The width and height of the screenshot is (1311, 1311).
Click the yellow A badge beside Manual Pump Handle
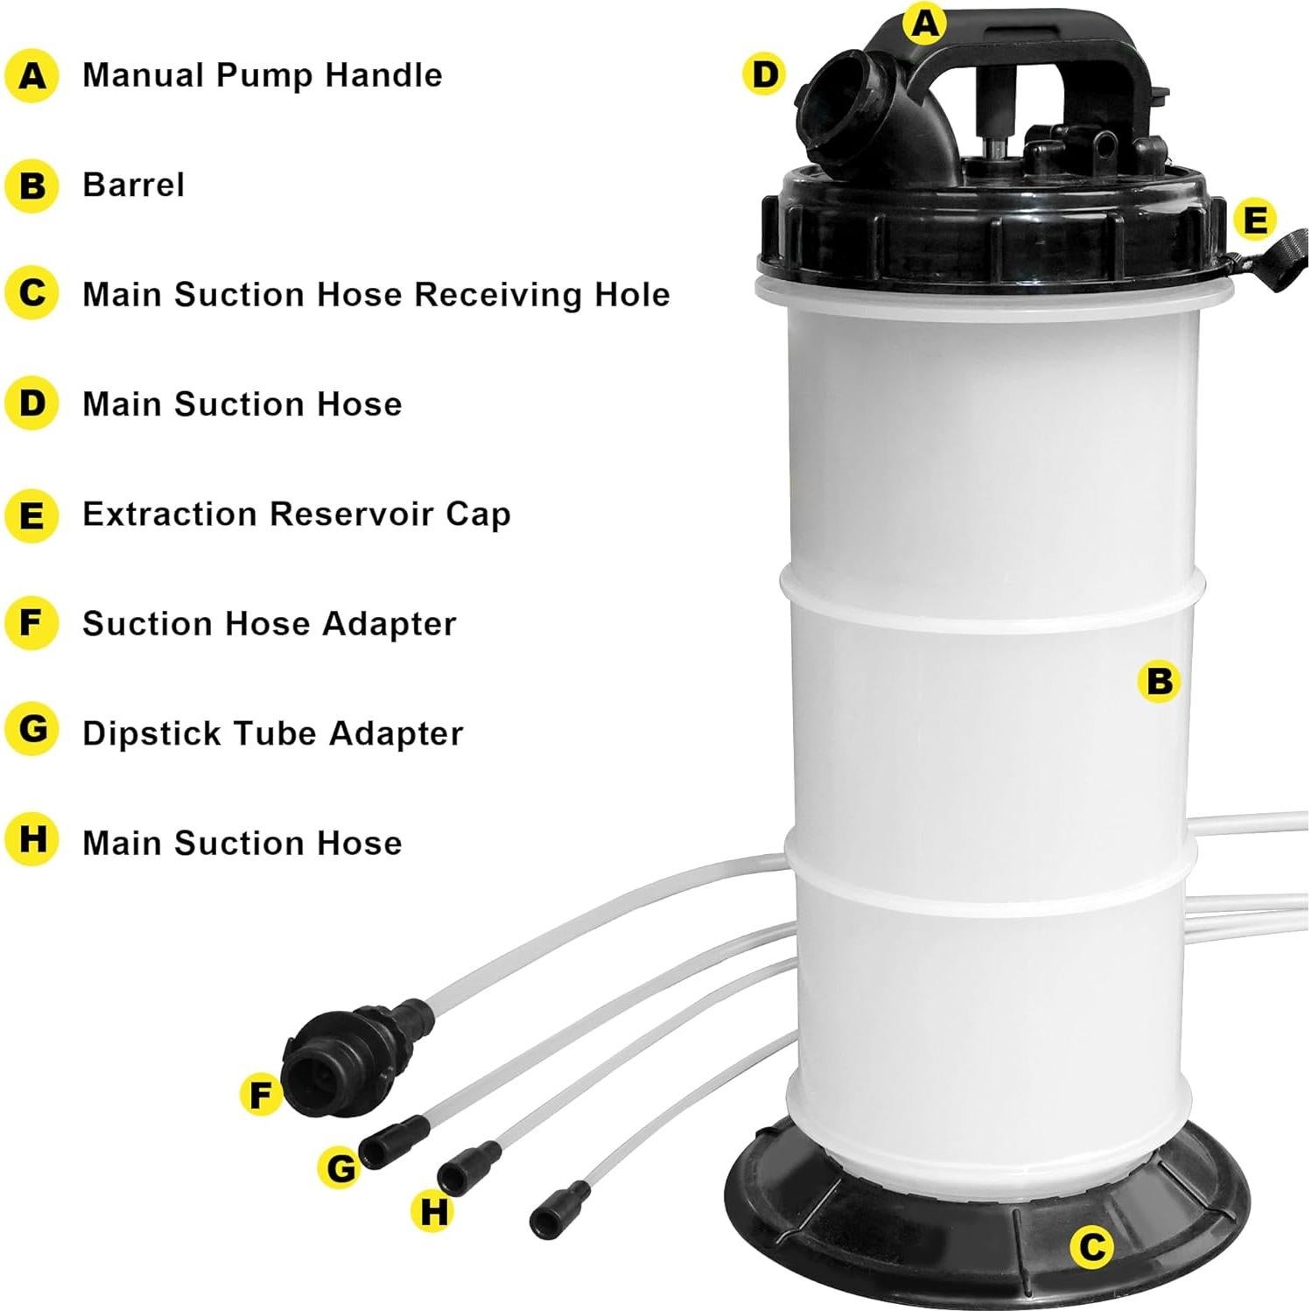tap(32, 76)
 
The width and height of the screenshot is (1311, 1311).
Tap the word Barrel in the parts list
tap(133, 186)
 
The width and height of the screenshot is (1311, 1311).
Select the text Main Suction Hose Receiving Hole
tap(375, 295)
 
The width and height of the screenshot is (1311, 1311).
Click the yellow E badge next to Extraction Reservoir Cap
tap(32, 515)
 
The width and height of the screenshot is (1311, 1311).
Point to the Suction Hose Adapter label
tap(269, 624)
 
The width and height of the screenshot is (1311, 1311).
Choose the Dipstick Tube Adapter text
tap(272, 733)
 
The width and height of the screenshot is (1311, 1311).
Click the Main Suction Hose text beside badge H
tap(242, 843)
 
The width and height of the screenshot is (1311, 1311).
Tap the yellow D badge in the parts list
tap(32, 404)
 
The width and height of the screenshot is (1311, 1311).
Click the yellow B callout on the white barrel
tap(1159, 681)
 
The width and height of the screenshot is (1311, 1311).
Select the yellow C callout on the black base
tap(1091, 1246)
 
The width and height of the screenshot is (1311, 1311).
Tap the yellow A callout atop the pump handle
tap(925, 24)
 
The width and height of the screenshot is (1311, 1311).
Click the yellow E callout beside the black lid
tap(1255, 220)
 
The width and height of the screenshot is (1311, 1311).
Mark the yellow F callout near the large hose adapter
tap(261, 1095)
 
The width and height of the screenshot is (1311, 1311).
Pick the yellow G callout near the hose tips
tap(340, 1167)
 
